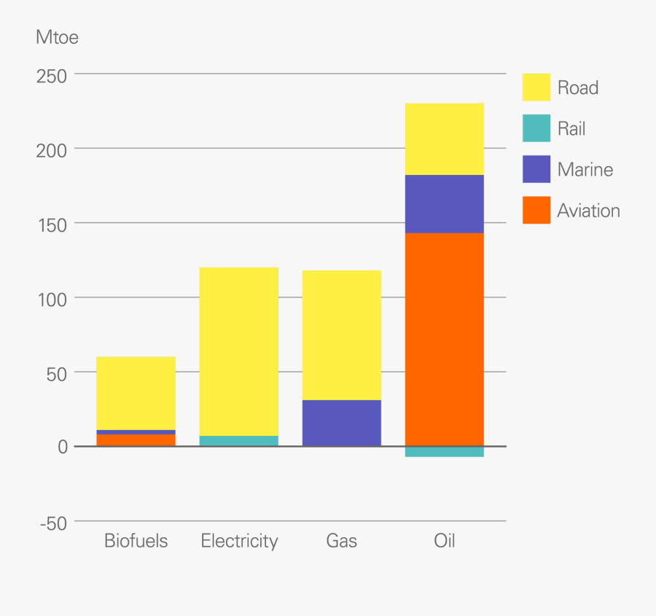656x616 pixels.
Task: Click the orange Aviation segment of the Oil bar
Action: pyautogui.click(x=444, y=339)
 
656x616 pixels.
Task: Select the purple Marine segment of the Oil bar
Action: pyautogui.click(x=444, y=204)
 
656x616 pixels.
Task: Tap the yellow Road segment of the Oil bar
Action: pyautogui.click(x=444, y=139)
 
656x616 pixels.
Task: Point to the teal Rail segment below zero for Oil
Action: pyautogui.click(x=444, y=452)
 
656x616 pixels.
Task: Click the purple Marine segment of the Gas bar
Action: pyautogui.click(x=341, y=423)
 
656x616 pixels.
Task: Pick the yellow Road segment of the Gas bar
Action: pyautogui.click(x=341, y=335)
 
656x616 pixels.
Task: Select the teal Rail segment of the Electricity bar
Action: pyautogui.click(x=238, y=441)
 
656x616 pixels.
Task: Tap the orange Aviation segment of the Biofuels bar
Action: pyautogui.click(x=136, y=440)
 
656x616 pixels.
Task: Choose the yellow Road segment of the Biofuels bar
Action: pyautogui.click(x=136, y=393)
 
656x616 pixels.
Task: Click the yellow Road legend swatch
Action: pyautogui.click(x=536, y=87)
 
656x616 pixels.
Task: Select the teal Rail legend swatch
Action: pyautogui.click(x=536, y=128)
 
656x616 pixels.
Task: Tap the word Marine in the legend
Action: pyautogui.click(x=585, y=170)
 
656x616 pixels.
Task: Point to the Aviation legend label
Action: pyautogui.click(x=588, y=211)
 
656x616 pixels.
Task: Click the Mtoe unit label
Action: pyautogui.click(x=57, y=37)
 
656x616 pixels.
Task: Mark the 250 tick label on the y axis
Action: pyautogui.click(x=51, y=76)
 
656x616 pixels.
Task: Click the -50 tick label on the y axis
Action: pyautogui.click(x=51, y=523)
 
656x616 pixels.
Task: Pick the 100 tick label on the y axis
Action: pyautogui.click(x=51, y=299)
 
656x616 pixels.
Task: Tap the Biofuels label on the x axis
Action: pyautogui.click(x=136, y=541)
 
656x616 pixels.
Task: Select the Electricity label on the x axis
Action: pyautogui.click(x=239, y=541)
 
